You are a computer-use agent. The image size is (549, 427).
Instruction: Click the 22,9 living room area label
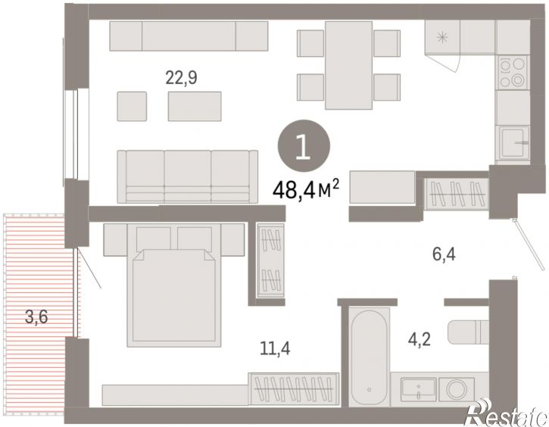(181, 78)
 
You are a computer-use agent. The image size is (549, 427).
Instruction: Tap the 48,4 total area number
(294, 190)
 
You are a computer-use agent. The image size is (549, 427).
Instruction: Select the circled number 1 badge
(304, 145)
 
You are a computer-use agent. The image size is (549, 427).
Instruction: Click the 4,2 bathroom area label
(419, 339)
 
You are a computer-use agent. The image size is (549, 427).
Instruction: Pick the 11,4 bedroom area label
(275, 348)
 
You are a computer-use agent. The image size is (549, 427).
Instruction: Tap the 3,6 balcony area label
(36, 317)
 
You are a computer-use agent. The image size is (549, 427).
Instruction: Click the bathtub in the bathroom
(370, 357)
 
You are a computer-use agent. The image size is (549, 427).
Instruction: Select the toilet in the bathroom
(468, 332)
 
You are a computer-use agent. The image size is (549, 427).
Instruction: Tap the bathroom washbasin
(419, 390)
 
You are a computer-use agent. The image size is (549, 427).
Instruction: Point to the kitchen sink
(513, 143)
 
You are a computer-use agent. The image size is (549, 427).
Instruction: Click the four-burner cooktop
(513, 73)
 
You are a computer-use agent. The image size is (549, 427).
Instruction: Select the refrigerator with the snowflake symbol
(442, 37)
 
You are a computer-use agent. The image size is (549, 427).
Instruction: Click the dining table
(348, 65)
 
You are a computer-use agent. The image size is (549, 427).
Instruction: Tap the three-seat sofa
(188, 176)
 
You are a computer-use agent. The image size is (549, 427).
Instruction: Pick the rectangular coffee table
(195, 107)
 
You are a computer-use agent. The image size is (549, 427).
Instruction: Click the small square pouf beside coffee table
(132, 107)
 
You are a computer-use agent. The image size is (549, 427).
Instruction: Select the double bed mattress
(174, 296)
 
